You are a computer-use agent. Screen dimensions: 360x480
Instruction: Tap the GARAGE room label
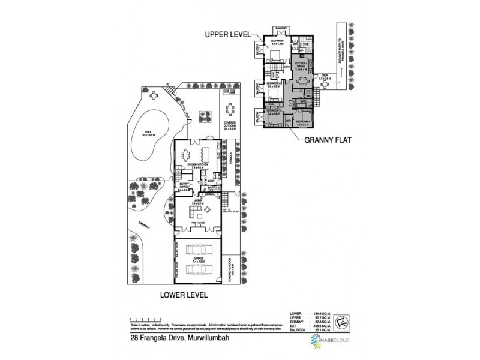coord(198,259)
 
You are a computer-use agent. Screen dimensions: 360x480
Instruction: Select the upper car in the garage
coord(198,250)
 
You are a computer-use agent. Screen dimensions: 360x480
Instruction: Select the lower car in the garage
coord(198,268)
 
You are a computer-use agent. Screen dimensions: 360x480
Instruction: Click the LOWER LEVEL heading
coord(184,295)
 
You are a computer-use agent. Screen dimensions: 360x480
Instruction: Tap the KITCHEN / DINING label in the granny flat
coord(301,67)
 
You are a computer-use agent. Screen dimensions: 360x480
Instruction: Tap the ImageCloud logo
coord(327,341)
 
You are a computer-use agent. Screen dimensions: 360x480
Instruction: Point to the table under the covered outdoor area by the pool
coord(230,111)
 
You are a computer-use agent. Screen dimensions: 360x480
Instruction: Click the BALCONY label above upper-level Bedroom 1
coord(281,28)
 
